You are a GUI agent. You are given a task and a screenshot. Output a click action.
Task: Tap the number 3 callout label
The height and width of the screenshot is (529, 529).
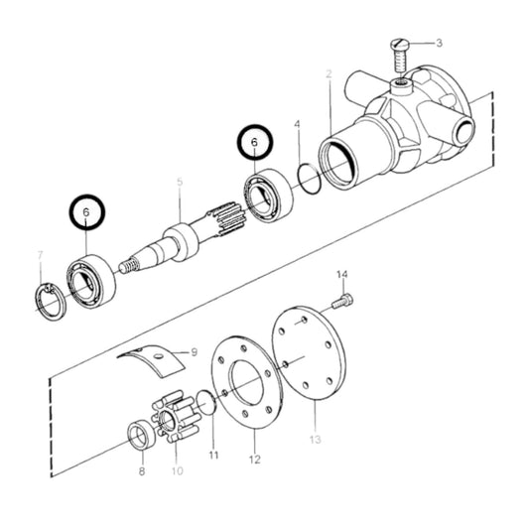(441, 44)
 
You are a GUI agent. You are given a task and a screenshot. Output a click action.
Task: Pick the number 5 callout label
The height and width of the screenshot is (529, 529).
(180, 182)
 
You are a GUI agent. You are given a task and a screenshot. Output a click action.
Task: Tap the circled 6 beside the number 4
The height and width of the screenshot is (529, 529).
(253, 145)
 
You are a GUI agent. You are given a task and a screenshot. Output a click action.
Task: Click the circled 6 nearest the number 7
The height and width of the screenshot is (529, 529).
(86, 212)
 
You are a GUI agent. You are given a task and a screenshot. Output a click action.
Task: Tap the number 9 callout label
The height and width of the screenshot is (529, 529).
(194, 351)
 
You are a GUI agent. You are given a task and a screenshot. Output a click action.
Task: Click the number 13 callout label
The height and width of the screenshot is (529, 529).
(315, 438)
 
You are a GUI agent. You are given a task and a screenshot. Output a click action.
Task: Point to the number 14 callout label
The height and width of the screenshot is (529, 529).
(342, 274)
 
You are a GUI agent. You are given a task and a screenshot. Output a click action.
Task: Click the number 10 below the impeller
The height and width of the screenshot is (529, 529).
(179, 470)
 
